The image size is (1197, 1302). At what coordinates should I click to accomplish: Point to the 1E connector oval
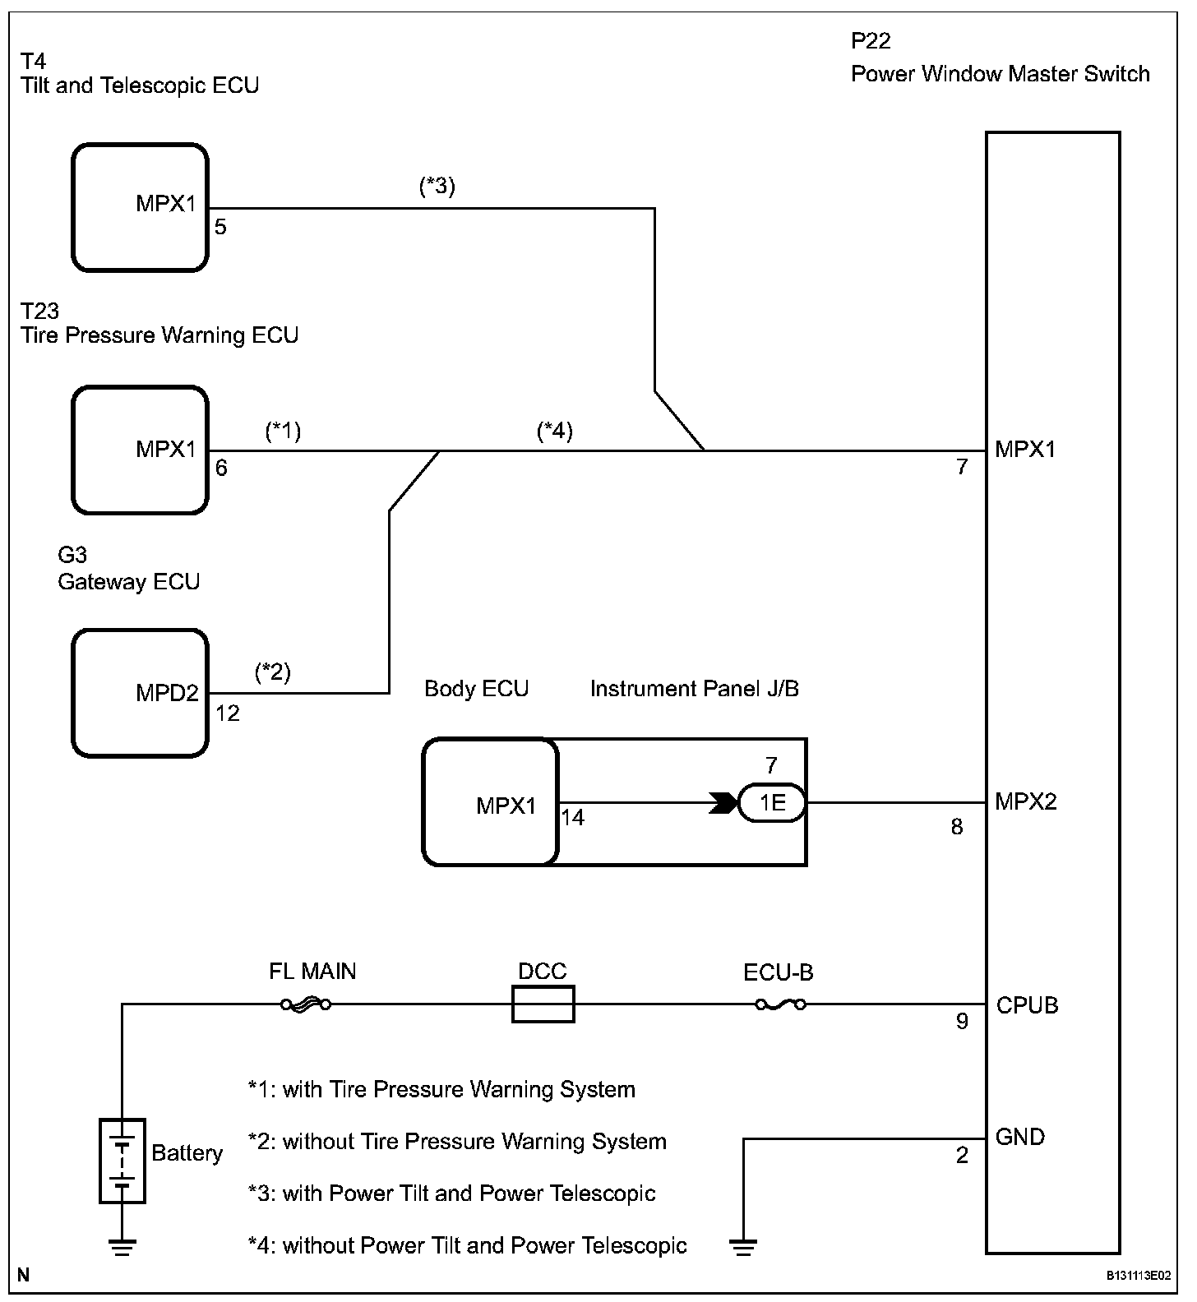(771, 802)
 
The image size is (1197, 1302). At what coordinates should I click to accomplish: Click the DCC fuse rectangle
(543, 1004)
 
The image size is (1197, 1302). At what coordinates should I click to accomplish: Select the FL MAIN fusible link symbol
(305, 1004)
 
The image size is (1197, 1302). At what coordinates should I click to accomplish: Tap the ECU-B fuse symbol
(780, 1004)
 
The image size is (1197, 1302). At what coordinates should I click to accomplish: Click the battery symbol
(122, 1161)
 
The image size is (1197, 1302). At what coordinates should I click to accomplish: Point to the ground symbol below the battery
(122, 1247)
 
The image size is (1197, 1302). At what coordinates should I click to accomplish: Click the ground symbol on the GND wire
(743, 1247)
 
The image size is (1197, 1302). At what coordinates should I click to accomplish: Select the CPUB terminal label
(1027, 1004)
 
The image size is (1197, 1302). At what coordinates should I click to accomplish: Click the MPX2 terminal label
(1026, 801)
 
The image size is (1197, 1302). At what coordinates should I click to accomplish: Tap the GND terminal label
(1019, 1137)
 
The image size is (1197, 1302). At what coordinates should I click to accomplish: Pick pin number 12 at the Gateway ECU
(228, 713)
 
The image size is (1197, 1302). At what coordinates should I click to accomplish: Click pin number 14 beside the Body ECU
(573, 818)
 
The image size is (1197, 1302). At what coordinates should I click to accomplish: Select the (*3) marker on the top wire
(437, 187)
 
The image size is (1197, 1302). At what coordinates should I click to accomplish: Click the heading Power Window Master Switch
(1000, 74)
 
